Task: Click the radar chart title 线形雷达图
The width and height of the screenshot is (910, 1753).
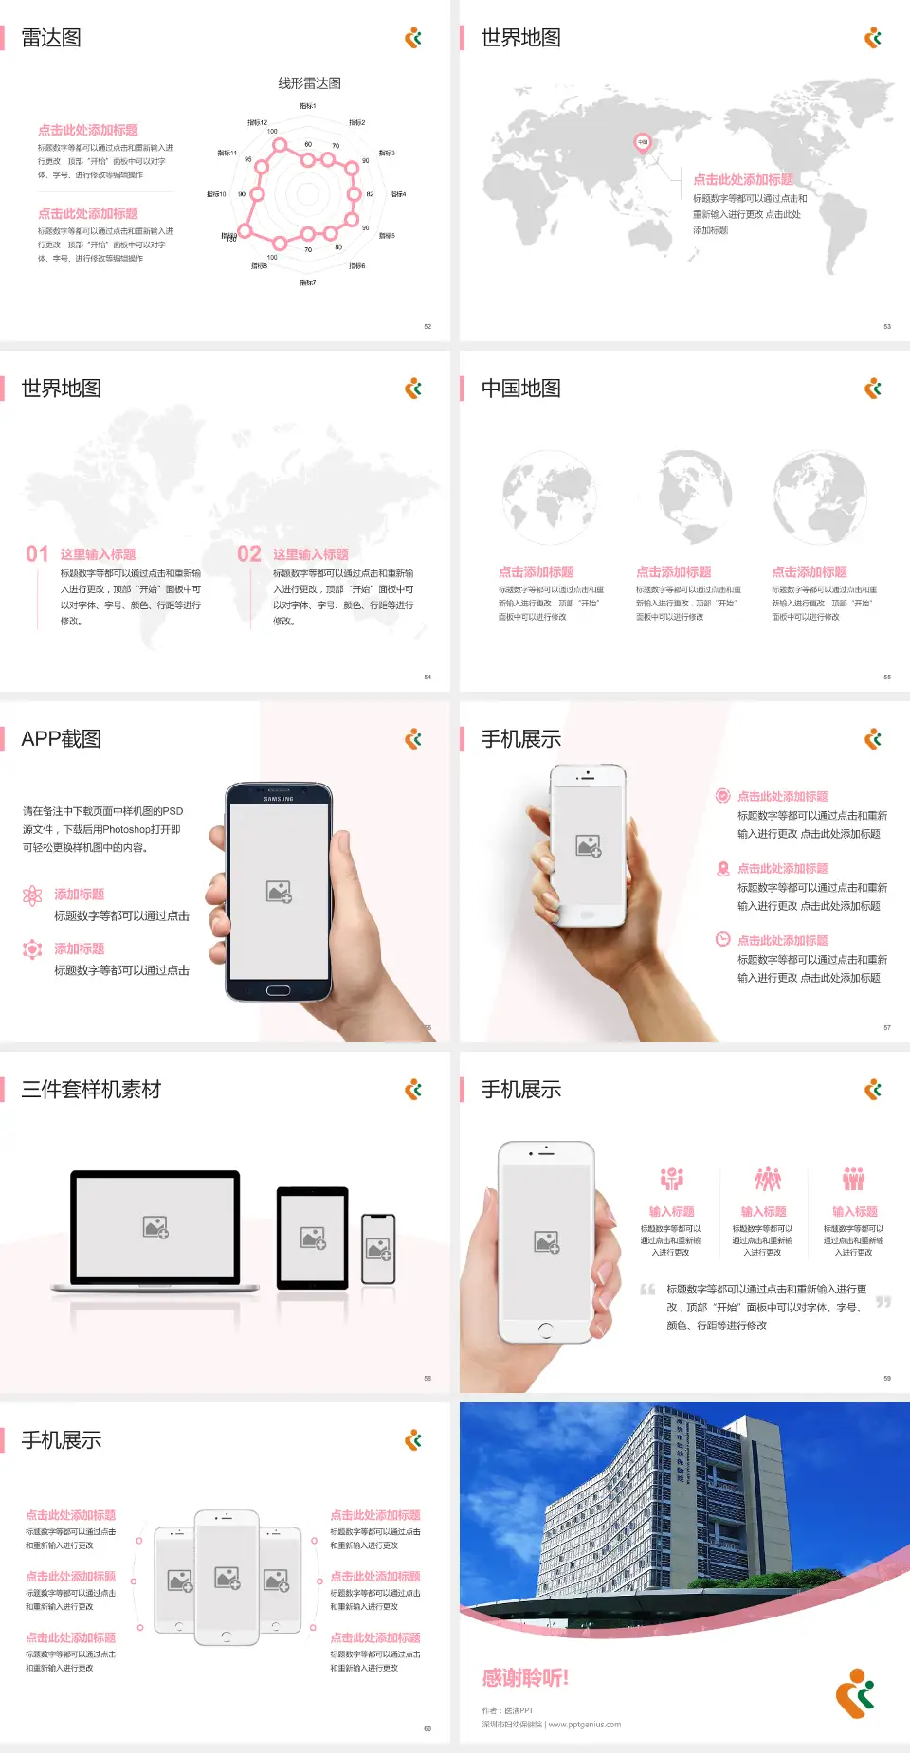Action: pyautogui.click(x=309, y=83)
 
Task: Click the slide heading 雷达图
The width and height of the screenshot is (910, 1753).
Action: pyautogui.click(x=51, y=38)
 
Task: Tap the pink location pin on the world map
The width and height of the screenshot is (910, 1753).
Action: pyautogui.click(x=642, y=143)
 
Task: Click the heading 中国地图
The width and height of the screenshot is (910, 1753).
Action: pyautogui.click(x=520, y=389)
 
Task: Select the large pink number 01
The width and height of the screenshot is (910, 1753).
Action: pyautogui.click(x=37, y=553)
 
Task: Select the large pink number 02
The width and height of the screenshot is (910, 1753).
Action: pyautogui.click(x=249, y=553)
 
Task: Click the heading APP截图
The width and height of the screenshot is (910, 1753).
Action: pyautogui.click(x=61, y=739)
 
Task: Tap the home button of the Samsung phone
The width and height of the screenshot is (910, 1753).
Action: pyautogui.click(x=278, y=990)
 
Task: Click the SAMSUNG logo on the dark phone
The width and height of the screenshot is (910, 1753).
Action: pyautogui.click(x=279, y=799)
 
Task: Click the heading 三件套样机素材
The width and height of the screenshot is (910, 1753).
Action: pyautogui.click(x=91, y=1090)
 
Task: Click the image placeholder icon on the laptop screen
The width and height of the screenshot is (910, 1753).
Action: pyautogui.click(x=155, y=1227)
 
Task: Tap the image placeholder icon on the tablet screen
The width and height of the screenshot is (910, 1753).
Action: pyautogui.click(x=313, y=1238)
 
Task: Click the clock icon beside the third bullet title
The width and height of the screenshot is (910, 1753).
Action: pyautogui.click(x=722, y=939)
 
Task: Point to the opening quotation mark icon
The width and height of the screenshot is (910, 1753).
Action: pyautogui.click(x=647, y=1290)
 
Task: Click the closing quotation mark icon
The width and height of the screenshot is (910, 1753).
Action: pyautogui.click(x=883, y=1302)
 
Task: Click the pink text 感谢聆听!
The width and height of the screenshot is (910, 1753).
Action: pyautogui.click(x=525, y=1678)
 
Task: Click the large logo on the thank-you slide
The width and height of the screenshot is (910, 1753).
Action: pyautogui.click(x=855, y=1693)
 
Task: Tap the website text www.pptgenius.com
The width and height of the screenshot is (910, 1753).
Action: pyautogui.click(x=584, y=1725)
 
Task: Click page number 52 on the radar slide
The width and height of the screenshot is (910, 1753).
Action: pyautogui.click(x=428, y=326)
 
